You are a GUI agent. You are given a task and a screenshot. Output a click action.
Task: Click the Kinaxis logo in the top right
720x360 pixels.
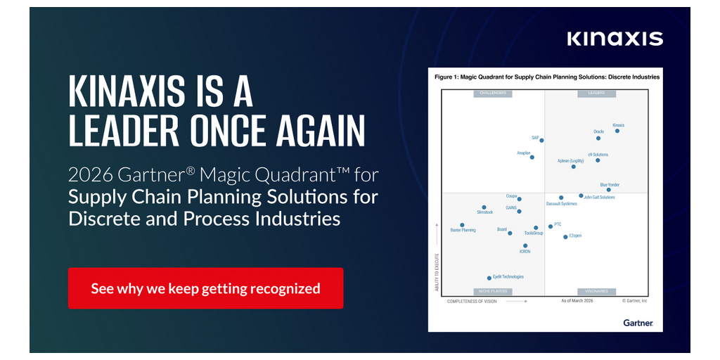(x=615, y=38)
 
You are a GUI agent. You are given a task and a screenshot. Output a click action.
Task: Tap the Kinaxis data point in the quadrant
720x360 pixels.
(x=617, y=131)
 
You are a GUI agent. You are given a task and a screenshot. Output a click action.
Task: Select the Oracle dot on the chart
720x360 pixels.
(x=598, y=138)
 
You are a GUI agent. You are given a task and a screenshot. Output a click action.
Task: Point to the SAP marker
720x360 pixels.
(x=541, y=141)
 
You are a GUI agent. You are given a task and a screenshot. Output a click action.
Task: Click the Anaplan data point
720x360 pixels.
(x=532, y=157)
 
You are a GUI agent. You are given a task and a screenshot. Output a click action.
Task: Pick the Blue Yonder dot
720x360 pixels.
(x=609, y=190)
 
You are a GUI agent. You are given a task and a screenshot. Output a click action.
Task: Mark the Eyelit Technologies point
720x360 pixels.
(x=489, y=278)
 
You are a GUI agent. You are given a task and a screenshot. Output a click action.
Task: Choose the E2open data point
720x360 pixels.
(x=565, y=237)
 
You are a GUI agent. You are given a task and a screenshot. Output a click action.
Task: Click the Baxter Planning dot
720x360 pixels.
(x=462, y=225)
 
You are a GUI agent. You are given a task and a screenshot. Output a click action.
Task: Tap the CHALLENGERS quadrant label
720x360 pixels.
(x=493, y=94)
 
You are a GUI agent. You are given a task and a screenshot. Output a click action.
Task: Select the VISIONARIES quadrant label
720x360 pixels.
(x=596, y=291)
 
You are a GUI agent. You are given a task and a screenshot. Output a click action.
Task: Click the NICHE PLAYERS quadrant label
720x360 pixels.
(x=493, y=291)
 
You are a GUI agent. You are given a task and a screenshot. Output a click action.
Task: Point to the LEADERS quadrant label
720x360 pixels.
(x=596, y=94)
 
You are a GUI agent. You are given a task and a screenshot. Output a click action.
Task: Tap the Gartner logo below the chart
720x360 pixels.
(x=638, y=323)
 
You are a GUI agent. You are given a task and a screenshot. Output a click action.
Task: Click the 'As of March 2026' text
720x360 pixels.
(x=577, y=301)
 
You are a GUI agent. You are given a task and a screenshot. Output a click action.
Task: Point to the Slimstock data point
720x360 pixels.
(x=484, y=207)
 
